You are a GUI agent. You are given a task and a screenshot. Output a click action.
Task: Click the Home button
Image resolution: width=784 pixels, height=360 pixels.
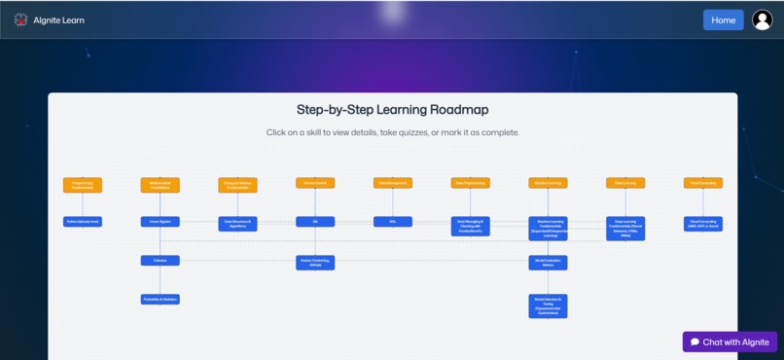723,20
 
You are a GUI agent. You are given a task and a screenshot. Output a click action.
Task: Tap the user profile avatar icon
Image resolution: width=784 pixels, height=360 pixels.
762,20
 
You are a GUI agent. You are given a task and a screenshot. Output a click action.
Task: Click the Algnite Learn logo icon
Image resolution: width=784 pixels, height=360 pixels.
20,19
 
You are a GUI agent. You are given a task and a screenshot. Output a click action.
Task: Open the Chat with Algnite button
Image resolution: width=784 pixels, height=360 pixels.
730,342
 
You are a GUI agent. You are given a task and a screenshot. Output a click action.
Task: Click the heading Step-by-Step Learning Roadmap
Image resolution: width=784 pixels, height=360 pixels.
392,110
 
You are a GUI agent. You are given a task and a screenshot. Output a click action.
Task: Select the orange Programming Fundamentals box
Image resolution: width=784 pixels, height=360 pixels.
83,183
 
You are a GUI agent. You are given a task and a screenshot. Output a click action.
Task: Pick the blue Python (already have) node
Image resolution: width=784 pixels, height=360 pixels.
83,222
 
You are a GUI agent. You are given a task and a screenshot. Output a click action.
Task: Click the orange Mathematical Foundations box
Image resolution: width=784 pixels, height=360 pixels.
160,183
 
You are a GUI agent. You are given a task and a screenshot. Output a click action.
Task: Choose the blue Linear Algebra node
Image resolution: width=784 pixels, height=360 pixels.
160,222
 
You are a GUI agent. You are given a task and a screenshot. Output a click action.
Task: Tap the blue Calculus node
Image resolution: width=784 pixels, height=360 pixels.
160,261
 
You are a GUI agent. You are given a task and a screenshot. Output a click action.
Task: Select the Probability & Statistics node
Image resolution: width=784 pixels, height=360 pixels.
160,299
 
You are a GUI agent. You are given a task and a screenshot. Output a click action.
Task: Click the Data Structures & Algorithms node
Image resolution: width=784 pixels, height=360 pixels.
237,223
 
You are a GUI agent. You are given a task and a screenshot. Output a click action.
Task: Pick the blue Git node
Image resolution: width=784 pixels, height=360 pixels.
315,222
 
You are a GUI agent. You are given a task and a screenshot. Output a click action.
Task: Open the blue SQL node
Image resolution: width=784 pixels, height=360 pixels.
393,222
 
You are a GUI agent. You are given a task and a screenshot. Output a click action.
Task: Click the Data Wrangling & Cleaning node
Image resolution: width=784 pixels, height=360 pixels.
470,226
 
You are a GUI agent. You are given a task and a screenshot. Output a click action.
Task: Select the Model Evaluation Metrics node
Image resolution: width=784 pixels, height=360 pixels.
548,263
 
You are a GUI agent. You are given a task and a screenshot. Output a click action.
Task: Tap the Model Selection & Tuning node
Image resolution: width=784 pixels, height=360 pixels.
548,306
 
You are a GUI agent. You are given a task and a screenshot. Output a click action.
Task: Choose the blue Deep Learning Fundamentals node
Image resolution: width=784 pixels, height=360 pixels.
625,228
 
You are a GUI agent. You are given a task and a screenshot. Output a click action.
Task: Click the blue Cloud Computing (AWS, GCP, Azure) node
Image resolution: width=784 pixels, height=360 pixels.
703,223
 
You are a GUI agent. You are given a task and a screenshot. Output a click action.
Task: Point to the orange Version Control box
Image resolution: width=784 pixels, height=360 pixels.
315,183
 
